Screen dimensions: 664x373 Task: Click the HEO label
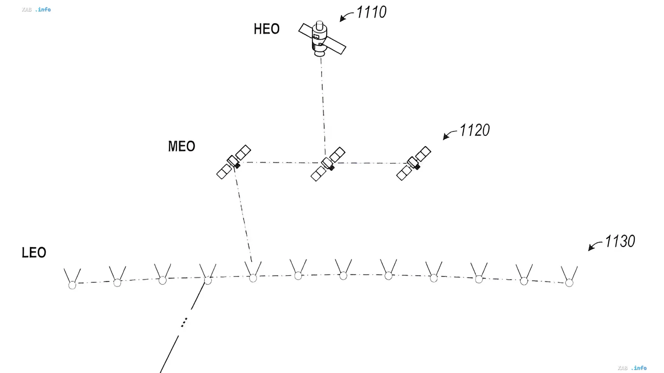pos(266,29)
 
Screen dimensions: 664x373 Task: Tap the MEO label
pos(181,146)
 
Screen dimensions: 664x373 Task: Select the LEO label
pos(34,252)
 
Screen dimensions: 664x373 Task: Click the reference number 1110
pos(371,12)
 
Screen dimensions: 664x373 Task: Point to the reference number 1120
pos(475,130)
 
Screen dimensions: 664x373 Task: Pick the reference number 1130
pos(620,241)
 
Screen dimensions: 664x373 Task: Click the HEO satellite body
pos(320,39)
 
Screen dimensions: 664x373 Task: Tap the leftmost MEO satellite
pos(234,162)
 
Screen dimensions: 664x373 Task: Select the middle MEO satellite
pos(328,164)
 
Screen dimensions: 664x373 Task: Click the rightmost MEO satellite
pos(413,163)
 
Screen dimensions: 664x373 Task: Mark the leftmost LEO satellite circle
pos(72,286)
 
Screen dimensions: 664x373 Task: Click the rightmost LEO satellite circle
pos(569,283)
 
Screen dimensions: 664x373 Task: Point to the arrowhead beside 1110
pos(342,19)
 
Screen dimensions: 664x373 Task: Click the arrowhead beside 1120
pos(446,136)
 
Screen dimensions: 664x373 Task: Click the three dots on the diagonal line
pos(184,322)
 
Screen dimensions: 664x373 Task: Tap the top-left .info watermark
pos(43,10)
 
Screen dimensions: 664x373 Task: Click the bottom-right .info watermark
pos(639,368)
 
